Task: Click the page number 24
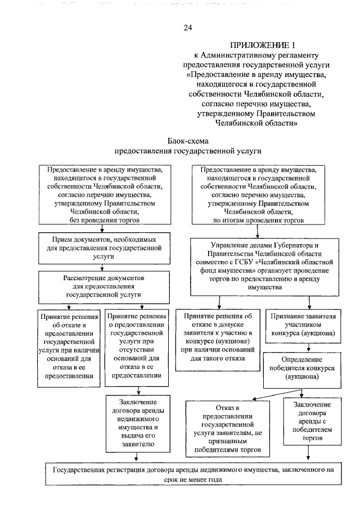pos(188,27)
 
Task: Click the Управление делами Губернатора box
pos(265,266)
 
